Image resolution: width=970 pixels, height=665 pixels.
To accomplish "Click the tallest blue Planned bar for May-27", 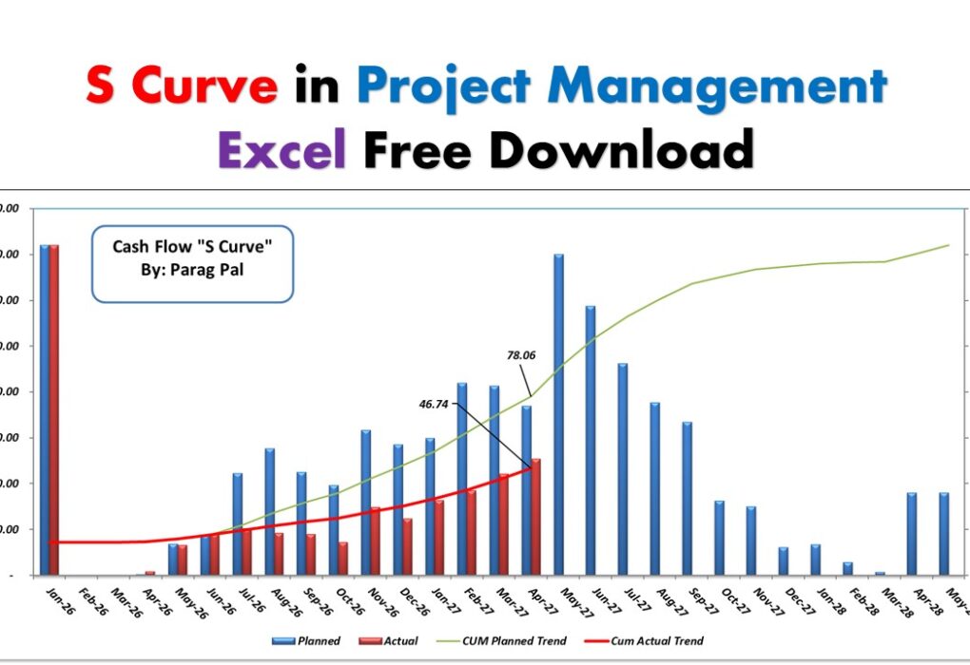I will click(x=558, y=414).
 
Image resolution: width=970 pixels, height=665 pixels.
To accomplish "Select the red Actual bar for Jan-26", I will click(x=54, y=408).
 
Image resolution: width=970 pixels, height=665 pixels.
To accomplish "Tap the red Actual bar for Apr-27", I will click(x=536, y=517).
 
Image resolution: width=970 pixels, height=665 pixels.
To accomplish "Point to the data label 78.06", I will click(x=521, y=355).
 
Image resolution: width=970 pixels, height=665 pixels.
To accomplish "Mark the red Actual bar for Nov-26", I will click(x=376, y=541).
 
